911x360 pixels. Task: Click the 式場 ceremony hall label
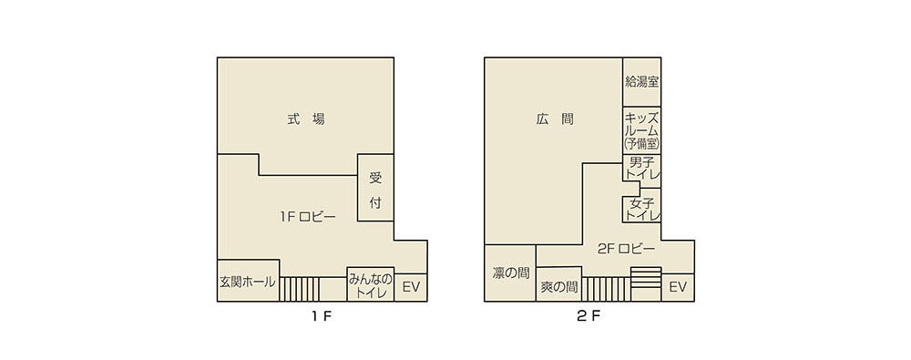[x=305, y=119]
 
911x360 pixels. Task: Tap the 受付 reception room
[x=375, y=187]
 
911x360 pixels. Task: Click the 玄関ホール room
[x=248, y=281]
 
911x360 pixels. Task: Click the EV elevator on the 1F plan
[x=411, y=287]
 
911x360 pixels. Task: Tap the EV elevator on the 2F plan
[x=678, y=287]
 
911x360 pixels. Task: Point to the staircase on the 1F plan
[x=299, y=289]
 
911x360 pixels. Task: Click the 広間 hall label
[x=555, y=119]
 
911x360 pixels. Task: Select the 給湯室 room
[x=642, y=82]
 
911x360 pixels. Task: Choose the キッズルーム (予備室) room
[x=642, y=130]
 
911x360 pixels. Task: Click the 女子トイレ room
[x=642, y=208]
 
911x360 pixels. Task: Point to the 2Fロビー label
[x=627, y=249]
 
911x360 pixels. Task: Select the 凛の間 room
[x=510, y=273]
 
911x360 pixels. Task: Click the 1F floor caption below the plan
[x=322, y=317]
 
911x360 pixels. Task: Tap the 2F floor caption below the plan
[x=589, y=317]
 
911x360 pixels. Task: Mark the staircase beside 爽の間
[x=606, y=289]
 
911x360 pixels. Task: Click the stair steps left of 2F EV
[x=646, y=277]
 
